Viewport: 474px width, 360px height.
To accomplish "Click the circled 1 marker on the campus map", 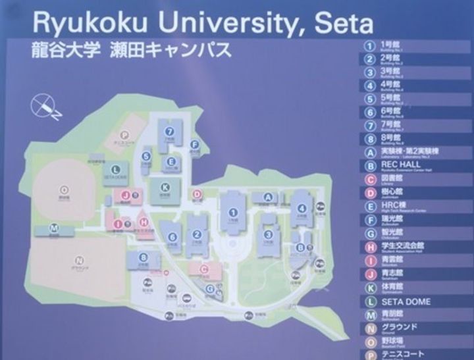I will click(x=232, y=212).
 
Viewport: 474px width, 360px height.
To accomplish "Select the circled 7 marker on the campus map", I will click(x=170, y=130).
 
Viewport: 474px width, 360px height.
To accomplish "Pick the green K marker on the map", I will click(x=165, y=188).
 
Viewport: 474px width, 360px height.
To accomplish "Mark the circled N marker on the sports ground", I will click(x=79, y=259).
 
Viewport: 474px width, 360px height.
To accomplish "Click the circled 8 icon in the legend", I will click(x=371, y=138).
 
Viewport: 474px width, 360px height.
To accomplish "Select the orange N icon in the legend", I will click(x=371, y=328).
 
